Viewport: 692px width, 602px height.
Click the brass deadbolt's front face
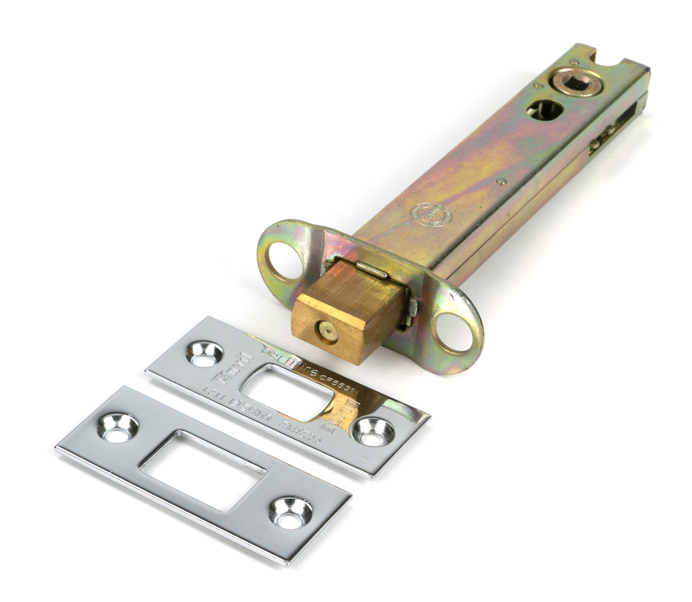pos(331,331)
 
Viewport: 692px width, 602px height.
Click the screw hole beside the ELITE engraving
pos(373,432)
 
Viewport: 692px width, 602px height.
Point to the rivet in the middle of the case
pos(500,182)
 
